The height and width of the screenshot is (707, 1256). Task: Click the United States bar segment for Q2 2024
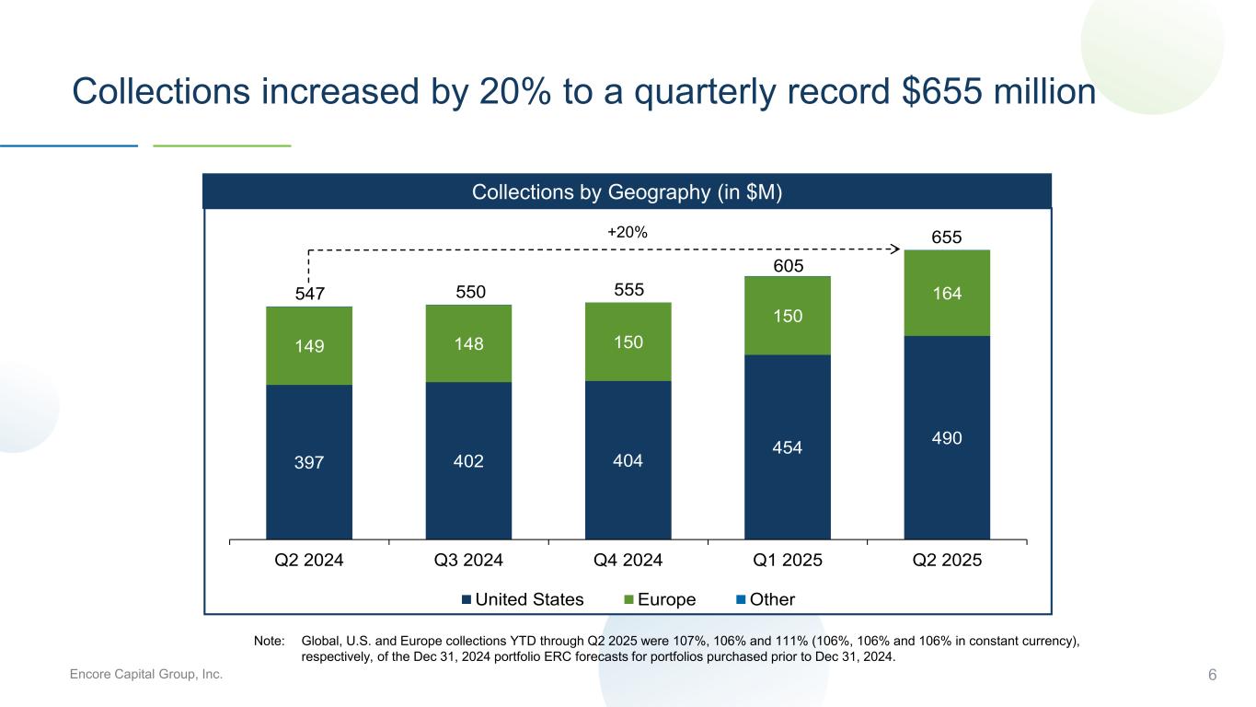(309, 460)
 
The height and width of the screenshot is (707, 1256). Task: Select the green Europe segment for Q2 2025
(947, 293)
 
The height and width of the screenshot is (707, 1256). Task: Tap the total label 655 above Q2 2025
(947, 238)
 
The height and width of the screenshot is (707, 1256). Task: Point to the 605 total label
(788, 266)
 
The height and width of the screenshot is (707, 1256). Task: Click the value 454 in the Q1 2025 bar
(788, 447)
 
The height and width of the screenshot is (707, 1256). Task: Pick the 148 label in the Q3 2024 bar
(468, 343)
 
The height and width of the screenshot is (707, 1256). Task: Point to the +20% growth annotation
(628, 233)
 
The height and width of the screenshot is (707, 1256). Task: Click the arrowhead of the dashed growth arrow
(895, 248)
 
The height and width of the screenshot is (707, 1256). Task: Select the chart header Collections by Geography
(627, 191)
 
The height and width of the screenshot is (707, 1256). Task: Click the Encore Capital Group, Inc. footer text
(147, 675)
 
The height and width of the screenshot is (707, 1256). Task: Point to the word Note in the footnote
(271, 640)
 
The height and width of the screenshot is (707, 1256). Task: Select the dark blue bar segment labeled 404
(628, 458)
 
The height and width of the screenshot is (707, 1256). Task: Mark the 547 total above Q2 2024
(309, 295)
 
